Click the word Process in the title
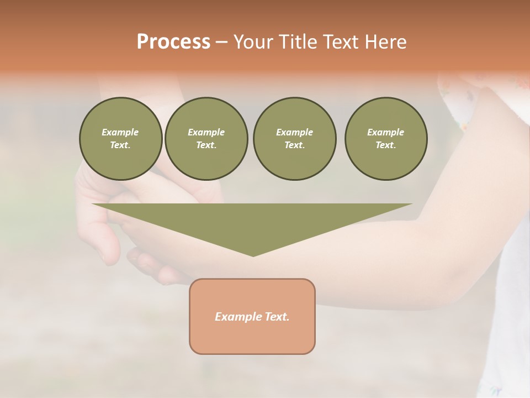173,42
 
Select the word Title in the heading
299,42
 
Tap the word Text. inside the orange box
276,317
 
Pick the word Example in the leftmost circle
120,132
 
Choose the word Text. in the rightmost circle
386,145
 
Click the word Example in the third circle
295,132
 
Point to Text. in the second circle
206,145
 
